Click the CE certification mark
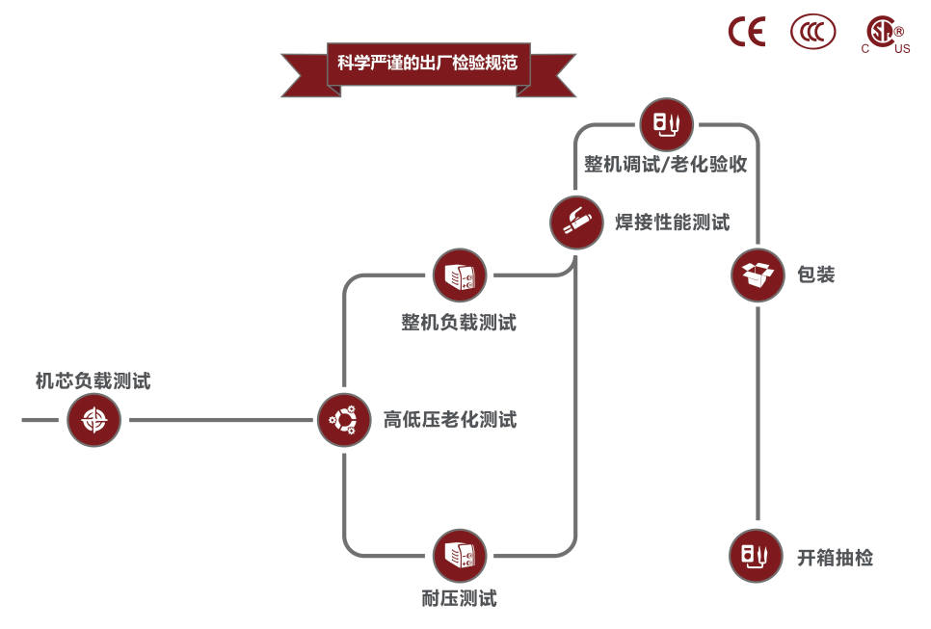(746, 32)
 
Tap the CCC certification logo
(813, 32)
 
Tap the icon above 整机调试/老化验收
(666, 124)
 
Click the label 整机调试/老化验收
(666, 164)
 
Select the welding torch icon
(576, 223)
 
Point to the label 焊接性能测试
(673, 223)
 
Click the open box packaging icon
(757, 275)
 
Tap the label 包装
(815, 275)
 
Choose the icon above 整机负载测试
(460, 276)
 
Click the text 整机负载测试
(459, 323)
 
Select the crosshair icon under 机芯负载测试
(93, 420)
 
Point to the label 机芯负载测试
(93, 380)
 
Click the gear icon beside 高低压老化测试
(344, 420)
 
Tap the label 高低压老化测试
(450, 420)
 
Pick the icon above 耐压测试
(460, 556)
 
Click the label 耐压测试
(459, 598)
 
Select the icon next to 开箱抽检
(756, 556)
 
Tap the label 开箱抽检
(835, 557)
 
